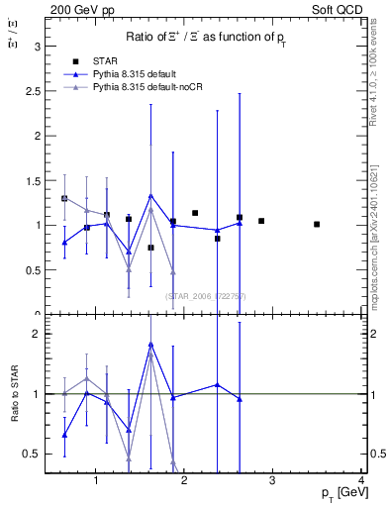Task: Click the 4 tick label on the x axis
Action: tap(362, 482)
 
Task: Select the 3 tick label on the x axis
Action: tap(273, 482)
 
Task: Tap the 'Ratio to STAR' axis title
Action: tap(15, 394)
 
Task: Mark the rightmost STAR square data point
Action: tap(317, 225)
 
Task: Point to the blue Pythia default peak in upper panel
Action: tap(150, 196)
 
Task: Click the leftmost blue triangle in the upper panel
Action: tap(64, 242)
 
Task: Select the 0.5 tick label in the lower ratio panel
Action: tap(32, 454)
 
